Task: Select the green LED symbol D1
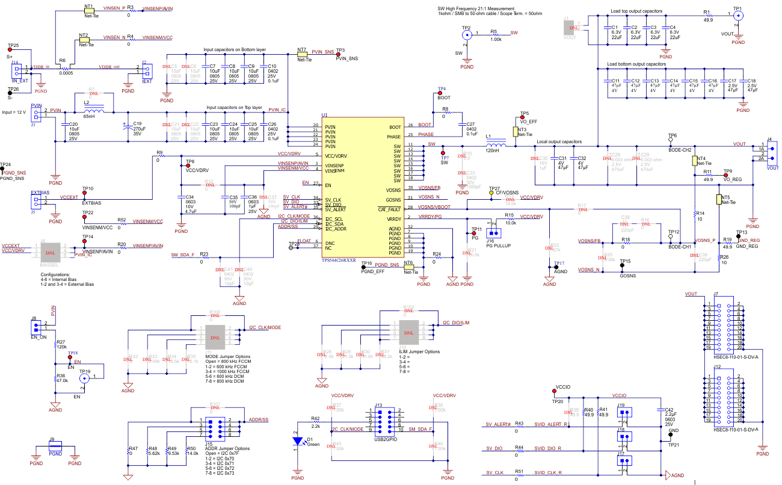click(x=297, y=440)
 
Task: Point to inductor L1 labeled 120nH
click(x=496, y=146)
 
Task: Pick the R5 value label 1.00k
click(x=496, y=39)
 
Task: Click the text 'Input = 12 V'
click(x=16, y=113)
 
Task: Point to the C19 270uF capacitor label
click(x=139, y=128)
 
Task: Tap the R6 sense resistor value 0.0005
click(x=67, y=72)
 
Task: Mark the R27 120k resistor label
click(x=61, y=344)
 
